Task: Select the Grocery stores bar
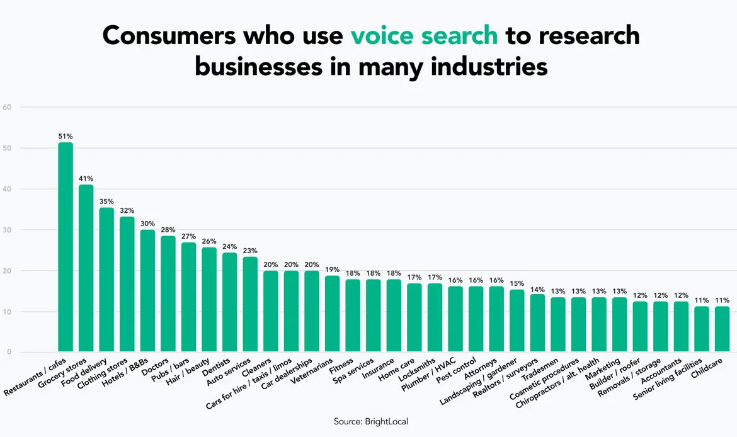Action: click(86, 268)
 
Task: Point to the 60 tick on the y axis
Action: click(8, 107)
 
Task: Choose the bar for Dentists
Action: click(230, 302)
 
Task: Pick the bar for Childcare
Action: click(722, 329)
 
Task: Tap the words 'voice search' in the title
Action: click(424, 36)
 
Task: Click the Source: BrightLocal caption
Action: click(368, 421)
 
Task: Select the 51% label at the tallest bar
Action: click(66, 135)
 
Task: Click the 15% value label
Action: click(517, 283)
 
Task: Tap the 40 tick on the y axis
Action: click(8, 189)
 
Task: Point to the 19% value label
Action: click(333, 269)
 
